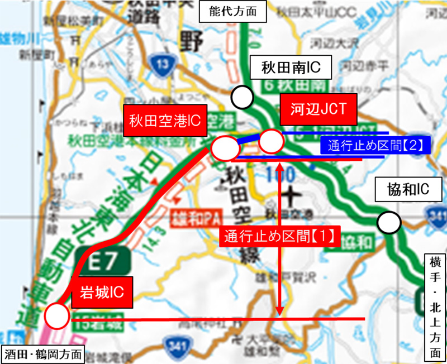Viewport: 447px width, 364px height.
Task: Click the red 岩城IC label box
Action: (x=102, y=291)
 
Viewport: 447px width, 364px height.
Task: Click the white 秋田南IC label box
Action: (x=291, y=69)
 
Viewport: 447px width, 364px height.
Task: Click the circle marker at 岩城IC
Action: (x=56, y=317)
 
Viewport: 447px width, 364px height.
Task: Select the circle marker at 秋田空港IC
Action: (x=223, y=149)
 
